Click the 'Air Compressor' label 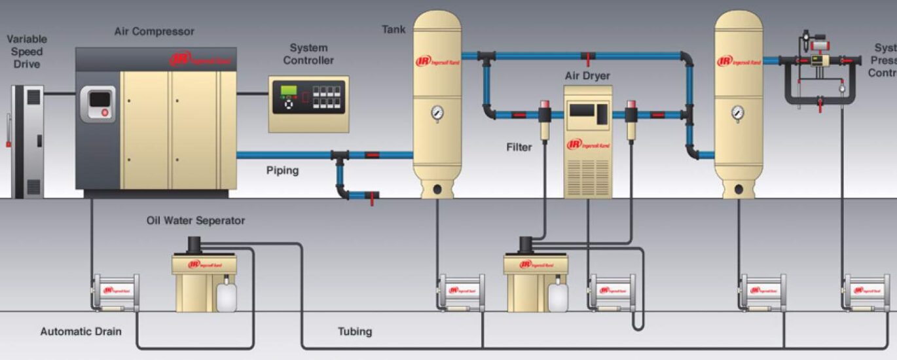[154, 31]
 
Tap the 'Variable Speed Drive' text [26, 52]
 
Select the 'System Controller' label [308, 54]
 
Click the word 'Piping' [282, 171]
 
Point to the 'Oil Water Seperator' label [196, 221]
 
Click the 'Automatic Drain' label [81, 331]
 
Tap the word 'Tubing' [355, 331]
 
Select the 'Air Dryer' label [587, 76]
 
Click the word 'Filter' [519, 147]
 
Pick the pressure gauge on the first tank [437, 114]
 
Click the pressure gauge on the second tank [738, 113]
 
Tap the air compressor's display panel [98, 103]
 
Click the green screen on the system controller [289, 90]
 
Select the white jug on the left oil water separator [227, 296]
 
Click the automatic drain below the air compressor [116, 292]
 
